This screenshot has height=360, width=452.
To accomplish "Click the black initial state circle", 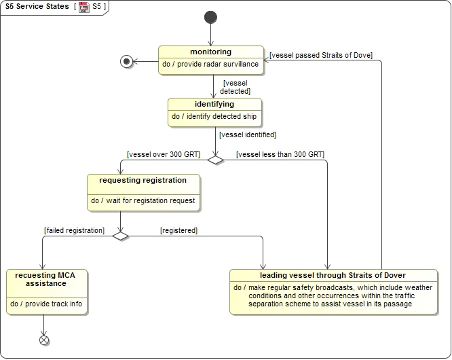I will point(210,17).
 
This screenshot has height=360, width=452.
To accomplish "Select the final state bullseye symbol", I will point(126,62).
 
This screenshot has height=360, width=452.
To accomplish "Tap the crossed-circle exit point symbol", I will point(45,340).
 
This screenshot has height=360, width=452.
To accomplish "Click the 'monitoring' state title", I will point(210,52).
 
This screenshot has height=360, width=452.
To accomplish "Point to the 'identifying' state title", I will point(214,104).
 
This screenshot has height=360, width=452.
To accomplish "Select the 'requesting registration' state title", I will point(143,180).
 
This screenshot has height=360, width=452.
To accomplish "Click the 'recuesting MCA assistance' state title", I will point(47,279).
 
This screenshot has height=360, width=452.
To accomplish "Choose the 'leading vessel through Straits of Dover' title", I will point(333,275).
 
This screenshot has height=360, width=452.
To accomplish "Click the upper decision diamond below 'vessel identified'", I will point(215,160).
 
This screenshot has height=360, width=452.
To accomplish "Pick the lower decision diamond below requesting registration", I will point(120,236).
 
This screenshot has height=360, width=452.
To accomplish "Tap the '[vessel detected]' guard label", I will point(236,87).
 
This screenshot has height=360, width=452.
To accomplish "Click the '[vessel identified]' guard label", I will point(248,134).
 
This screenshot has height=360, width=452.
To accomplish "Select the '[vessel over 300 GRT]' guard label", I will point(164,154).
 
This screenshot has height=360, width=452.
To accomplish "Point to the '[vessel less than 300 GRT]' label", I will point(280,154).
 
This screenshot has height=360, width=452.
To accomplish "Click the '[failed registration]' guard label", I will point(74,230).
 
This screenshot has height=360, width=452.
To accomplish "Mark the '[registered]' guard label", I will point(178,230).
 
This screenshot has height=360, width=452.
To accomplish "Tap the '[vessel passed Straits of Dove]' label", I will point(321,55).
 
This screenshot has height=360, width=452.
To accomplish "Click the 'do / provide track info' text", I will point(46,304).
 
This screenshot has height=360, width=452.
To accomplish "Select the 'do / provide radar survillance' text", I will point(210,64).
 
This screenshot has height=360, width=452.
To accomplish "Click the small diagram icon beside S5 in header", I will point(84,7).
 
